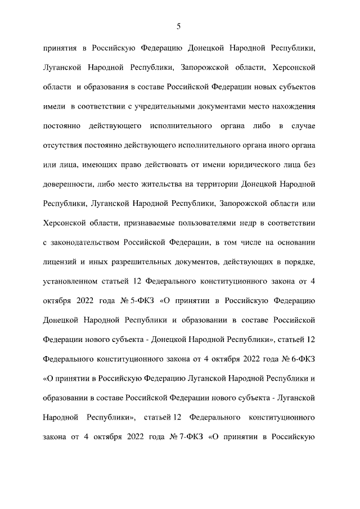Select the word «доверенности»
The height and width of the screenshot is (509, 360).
(67, 183)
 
